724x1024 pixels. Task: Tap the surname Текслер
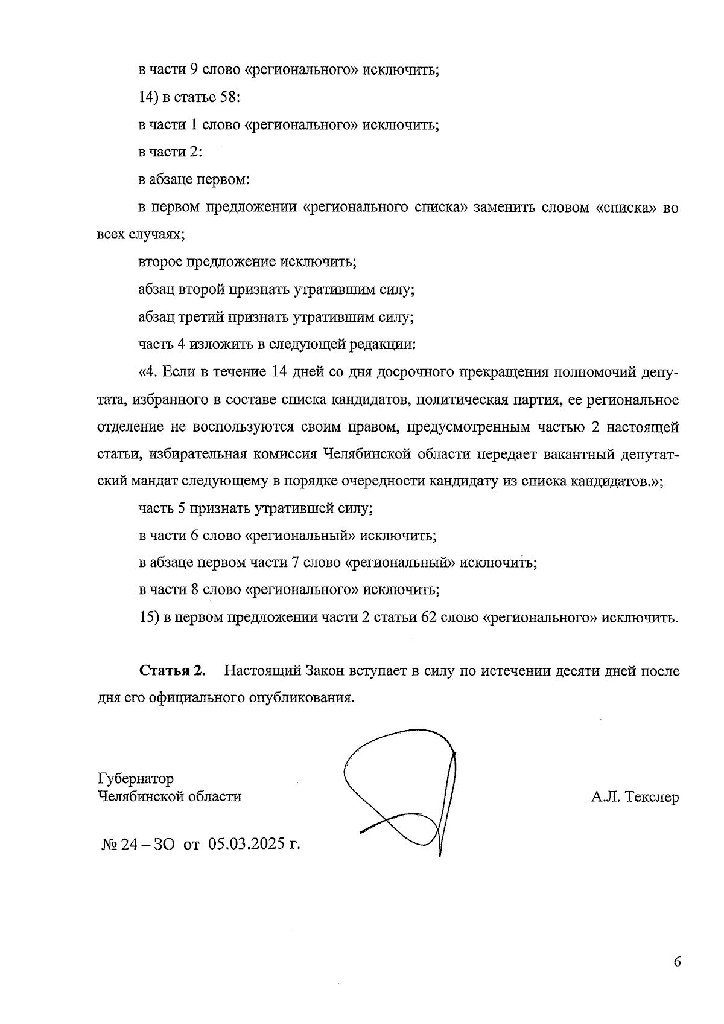[x=652, y=797]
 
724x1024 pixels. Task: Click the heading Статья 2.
[x=173, y=671]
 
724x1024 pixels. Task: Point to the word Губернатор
[x=135, y=778]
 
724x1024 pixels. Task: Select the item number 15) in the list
[x=148, y=618]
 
